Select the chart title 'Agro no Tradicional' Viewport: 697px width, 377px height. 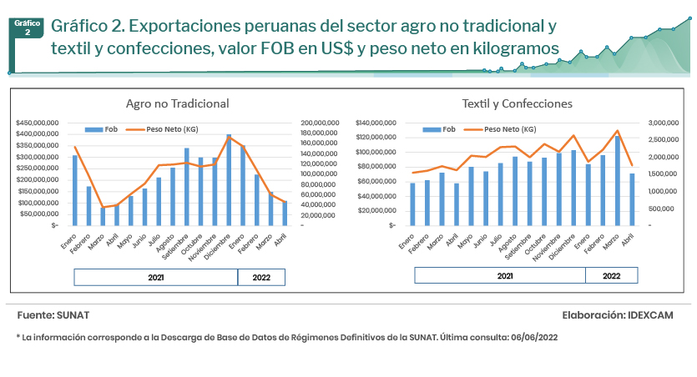(177, 103)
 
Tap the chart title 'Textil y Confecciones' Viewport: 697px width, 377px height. (517, 103)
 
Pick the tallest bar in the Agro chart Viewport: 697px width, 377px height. (229, 179)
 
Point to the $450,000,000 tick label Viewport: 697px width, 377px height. (37, 123)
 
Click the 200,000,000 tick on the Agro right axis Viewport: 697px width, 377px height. (319, 123)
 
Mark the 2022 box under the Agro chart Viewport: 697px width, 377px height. (261, 277)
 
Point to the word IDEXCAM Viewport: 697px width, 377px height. (654, 316)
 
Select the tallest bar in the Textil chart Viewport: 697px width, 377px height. (618, 180)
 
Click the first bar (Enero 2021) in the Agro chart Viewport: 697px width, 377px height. (74, 190)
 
